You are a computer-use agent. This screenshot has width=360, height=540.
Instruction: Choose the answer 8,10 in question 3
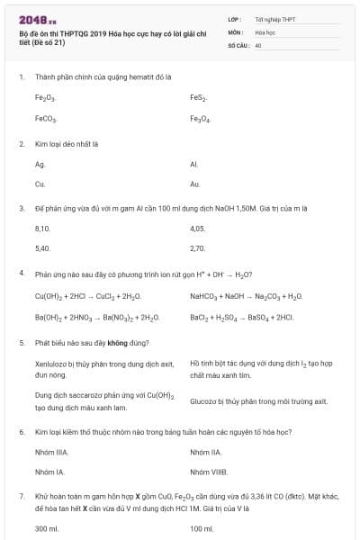coord(42,229)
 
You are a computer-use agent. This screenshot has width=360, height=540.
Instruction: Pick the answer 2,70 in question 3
coord(198,248)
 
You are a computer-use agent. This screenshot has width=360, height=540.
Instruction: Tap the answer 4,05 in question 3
coord(198,229)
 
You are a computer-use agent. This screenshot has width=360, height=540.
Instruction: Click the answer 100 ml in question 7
coord(201,528)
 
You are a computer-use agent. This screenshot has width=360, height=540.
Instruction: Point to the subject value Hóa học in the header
coord(265,31)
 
